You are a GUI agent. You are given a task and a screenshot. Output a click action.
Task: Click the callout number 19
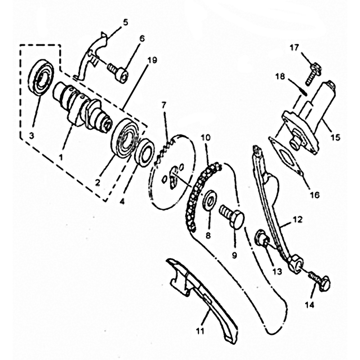coord(153,60)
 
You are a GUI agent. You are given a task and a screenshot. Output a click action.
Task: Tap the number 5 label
coord(126,22)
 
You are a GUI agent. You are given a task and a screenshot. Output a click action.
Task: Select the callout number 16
coord(315,195)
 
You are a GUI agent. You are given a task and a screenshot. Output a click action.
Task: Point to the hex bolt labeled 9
coord(231,217)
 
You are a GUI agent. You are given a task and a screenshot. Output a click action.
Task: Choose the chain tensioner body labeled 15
coord(310,117)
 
